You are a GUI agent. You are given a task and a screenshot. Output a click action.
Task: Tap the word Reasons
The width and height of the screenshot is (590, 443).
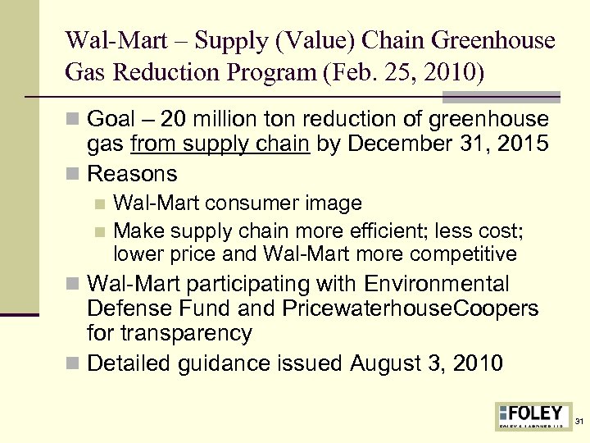click(132, 173)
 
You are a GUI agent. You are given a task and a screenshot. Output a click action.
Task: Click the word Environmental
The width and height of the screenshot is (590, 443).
click(437, 284)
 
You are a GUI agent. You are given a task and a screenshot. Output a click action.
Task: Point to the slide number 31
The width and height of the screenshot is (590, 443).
click(579, 421)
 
